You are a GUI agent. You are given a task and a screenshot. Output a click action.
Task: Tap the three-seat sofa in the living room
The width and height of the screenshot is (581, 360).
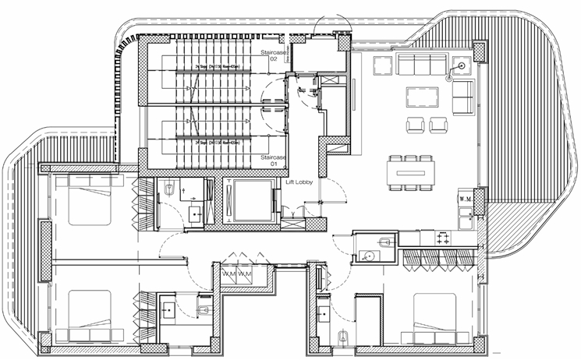421,65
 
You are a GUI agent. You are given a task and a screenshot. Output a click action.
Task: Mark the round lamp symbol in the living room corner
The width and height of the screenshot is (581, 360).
463,66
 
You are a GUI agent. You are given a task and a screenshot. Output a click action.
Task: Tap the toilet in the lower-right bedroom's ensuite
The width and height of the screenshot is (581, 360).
343,337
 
